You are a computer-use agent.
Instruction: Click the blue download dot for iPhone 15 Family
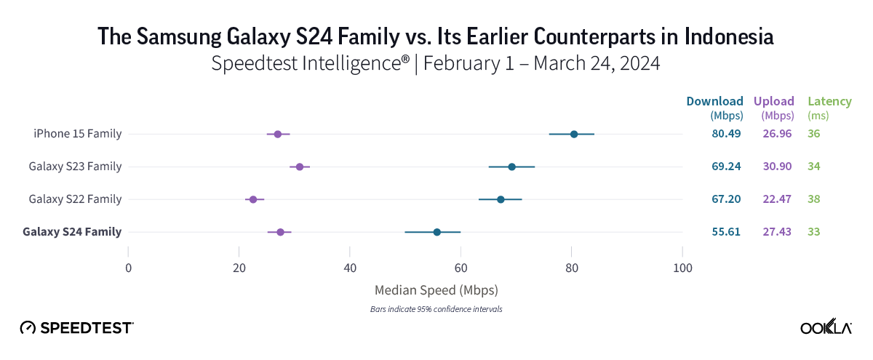(x=574, y=134)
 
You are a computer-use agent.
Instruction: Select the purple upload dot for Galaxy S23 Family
(x=300, y=167)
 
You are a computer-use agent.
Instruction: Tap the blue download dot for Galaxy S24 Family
(x=436, y=232)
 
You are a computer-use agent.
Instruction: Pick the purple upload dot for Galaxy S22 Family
(x=253, y=199)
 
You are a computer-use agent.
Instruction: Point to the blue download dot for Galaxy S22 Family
(x=501, y=199)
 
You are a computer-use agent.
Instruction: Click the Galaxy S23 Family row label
(x=75, y=167)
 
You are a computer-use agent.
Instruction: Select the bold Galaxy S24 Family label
(x=72, y=232)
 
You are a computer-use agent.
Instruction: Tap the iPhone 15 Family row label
(x=77, y=134)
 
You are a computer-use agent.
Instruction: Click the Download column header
(x=714, y=101)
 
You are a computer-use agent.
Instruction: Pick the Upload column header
(x=775, y=101)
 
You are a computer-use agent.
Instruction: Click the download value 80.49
(x=726, y=134)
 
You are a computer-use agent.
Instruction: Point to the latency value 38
(x=813, y=199)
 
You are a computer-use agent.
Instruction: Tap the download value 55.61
(x=726, y=232)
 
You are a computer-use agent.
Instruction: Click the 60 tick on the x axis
(x=461, y=266)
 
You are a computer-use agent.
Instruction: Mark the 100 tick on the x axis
(x=682, y=266)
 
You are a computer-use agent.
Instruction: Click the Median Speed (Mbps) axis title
(x=436, y=290)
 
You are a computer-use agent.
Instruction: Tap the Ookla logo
(x=826, y=327)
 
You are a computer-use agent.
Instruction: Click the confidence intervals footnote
(x=436, y=309)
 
